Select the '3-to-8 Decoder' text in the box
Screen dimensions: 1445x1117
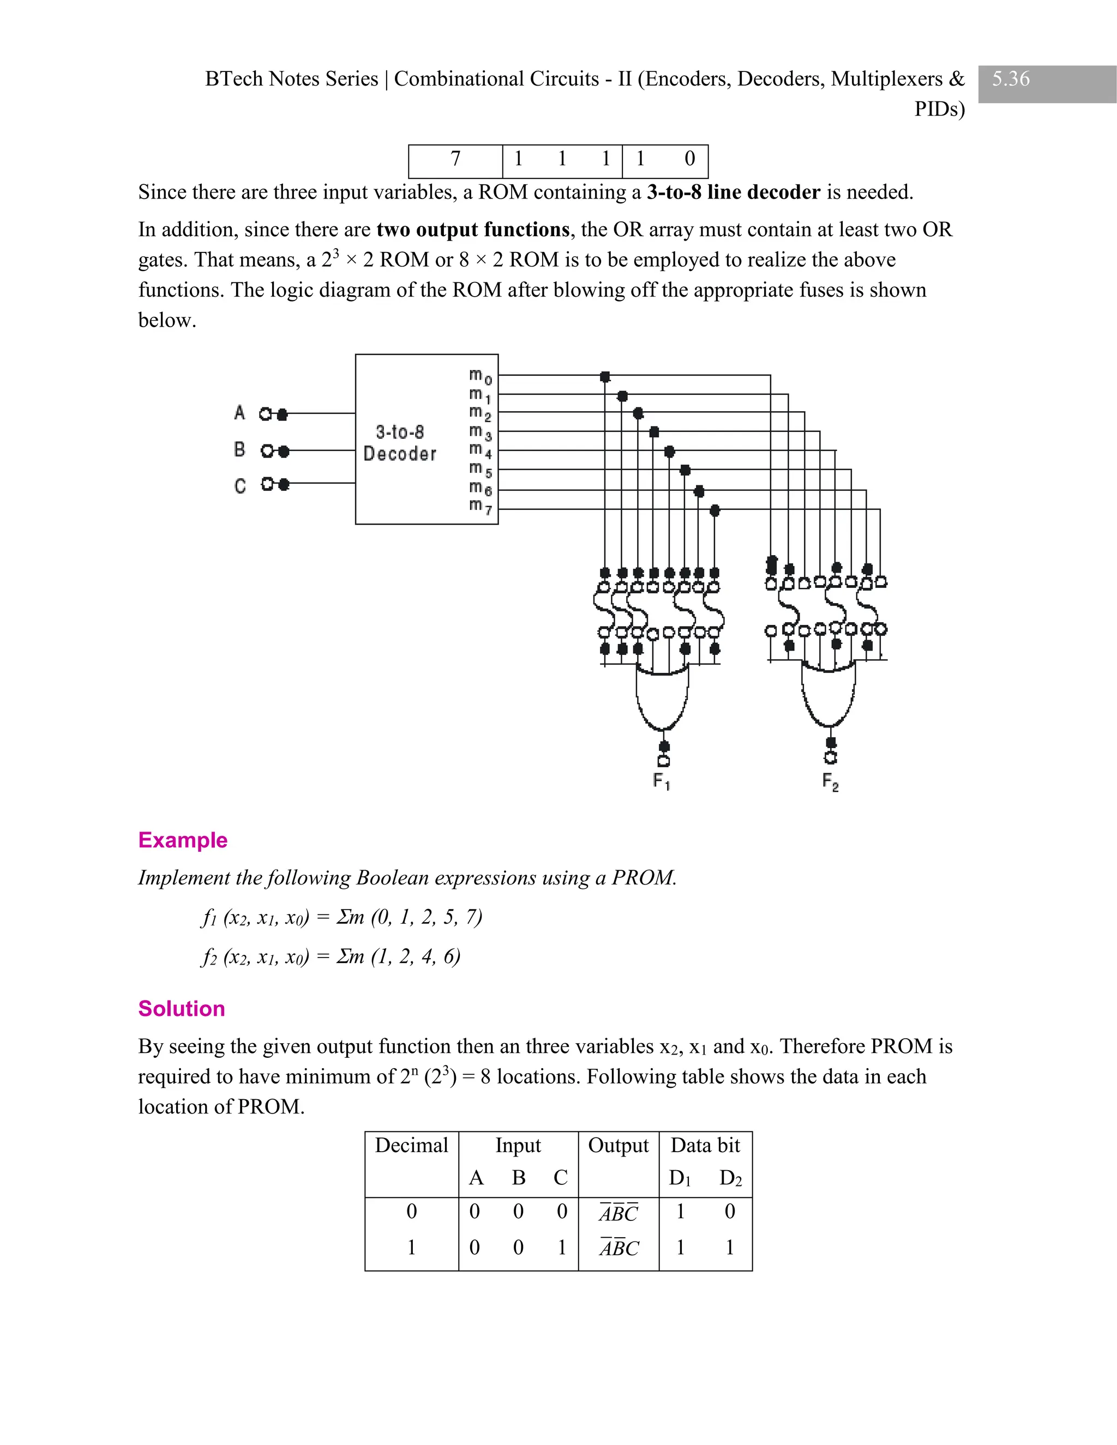[400, 443]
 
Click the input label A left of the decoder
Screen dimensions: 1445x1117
[239, 413]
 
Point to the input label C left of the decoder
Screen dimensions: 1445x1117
[239, 486]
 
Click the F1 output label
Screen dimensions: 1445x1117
[662, 781]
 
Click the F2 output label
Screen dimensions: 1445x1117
[831, 782]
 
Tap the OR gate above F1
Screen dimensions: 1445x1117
[662, 698]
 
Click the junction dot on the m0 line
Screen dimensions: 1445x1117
[605, 376]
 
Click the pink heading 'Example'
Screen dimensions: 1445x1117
[183, 840]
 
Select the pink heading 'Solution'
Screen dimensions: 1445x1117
[181, 1008]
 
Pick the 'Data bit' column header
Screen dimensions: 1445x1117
[705, 1145]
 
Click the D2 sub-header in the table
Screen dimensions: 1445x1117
[730, 1178]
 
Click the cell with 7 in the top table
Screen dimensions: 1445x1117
[455, 159]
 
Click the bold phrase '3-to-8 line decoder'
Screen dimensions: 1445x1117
[733, 192]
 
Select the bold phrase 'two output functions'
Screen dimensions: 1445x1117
[472, 230]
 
